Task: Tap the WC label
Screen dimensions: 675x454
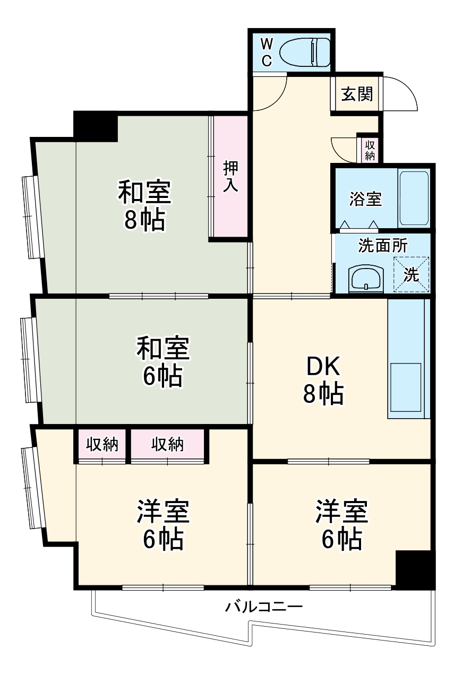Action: tap(267, 51)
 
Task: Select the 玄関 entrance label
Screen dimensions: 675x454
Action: tap(356, 94)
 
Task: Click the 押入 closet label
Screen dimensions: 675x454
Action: tap(230, 177)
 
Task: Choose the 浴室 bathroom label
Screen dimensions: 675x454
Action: tap(365, 200)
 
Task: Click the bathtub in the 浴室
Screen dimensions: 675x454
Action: tap(414, 198)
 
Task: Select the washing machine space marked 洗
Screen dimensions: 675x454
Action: tap(411, 274)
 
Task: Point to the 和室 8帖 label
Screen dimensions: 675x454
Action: tap(144, 205)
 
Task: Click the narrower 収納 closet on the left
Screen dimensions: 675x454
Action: tap(102, 445)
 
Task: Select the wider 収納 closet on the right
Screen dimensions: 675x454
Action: tap(167, 445)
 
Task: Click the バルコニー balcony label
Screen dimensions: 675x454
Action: tap(264, 606)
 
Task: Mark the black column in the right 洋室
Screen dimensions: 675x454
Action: tap(415, 569)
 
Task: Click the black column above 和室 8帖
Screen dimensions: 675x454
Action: tap(96, 126)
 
